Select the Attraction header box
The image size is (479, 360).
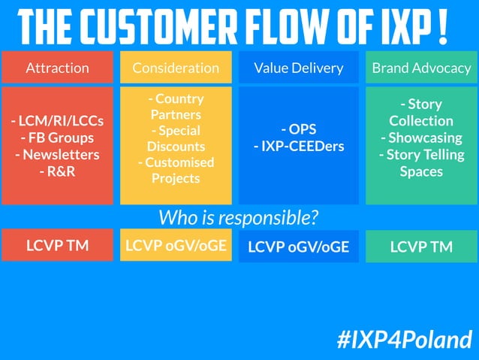point(57,68)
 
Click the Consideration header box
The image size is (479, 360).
point(176,68)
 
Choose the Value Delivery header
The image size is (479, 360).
point(298,68)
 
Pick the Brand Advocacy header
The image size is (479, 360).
point(421,68)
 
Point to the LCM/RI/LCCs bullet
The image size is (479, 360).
point(57,121)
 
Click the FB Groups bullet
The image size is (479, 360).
point(57,138)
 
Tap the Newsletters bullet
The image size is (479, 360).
point(57,154)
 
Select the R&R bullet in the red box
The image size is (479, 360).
point(57,171)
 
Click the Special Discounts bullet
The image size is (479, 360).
point(176,138)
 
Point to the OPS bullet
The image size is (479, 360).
point(298,129)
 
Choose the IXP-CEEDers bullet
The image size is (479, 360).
point(298,145)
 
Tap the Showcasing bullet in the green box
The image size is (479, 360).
point(421,138)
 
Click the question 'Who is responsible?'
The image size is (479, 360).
point(239,217)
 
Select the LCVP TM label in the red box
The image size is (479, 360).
point(57,245)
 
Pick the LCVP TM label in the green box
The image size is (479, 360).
point(421,246)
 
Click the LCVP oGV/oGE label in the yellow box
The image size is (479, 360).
point(176,245)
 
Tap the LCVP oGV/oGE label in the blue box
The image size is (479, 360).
point(298,246)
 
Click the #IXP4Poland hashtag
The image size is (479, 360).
point(405,339)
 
